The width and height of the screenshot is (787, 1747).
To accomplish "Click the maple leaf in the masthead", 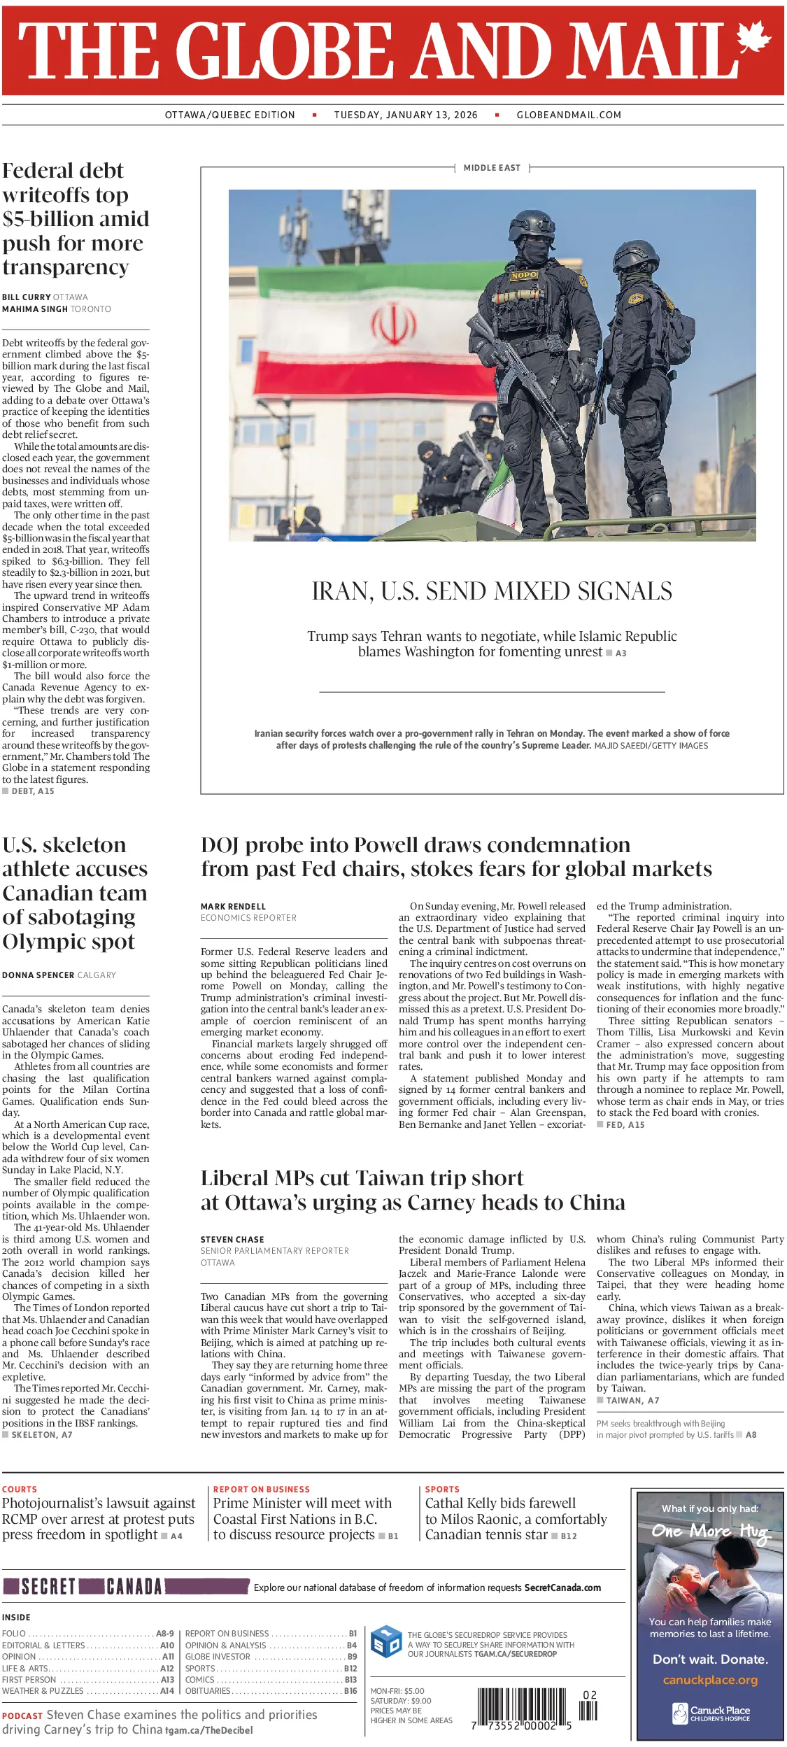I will coord(753,36).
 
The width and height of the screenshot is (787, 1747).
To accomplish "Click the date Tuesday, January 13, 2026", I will coord(406,115).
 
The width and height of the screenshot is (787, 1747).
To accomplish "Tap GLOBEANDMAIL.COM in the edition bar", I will coord(569,115).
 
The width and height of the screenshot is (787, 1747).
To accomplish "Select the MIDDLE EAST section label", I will coord(492,168).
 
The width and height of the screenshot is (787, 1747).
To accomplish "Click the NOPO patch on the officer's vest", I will coord(523,275).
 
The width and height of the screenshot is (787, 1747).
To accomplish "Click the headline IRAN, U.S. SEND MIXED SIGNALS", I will coord(492,591).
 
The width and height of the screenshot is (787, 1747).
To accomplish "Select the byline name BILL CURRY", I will coord(25,297).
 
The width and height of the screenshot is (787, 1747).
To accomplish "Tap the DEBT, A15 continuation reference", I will coord(32,791).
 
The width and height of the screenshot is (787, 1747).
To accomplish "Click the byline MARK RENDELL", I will coord(233,907).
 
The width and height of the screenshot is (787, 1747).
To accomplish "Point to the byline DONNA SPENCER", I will coord(38,975).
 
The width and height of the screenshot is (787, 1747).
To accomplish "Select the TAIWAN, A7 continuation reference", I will coord(632,1400).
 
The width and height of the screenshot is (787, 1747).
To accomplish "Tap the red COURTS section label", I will coord(20,1490).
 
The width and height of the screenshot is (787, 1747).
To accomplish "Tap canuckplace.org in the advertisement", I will coord(710,1680).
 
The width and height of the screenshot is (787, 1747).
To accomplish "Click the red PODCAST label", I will coord(22,1716).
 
